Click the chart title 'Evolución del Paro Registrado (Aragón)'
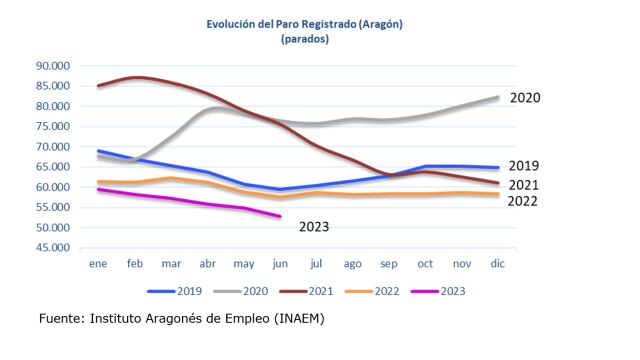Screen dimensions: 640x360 click(304, 24)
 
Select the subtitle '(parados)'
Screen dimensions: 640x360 click(305, 39)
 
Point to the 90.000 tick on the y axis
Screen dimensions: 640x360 click(53, 66)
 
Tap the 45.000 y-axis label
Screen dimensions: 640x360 click(53, 248)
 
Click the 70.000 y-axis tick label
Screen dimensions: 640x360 click(53, 147)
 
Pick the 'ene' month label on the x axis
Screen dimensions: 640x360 click(98, 264)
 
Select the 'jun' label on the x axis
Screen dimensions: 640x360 click(280, 264)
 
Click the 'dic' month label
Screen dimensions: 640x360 click(498, 263)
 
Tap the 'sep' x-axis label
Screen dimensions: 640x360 click(389, 264)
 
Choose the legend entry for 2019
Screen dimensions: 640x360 click(175, 291)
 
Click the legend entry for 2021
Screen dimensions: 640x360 click(306, 291)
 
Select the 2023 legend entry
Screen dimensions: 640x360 click(438, 291)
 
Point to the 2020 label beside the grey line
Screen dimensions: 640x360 click(525, 98)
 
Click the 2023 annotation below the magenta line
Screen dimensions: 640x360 click(314, 227)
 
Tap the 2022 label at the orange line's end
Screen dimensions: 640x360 click(522, 201)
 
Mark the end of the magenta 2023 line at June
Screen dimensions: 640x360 click(280, 216)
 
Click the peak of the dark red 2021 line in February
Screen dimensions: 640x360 click(136, 77)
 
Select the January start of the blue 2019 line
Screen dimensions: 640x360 click(98, 151)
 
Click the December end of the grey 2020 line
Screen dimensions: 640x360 click(498, 97)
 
